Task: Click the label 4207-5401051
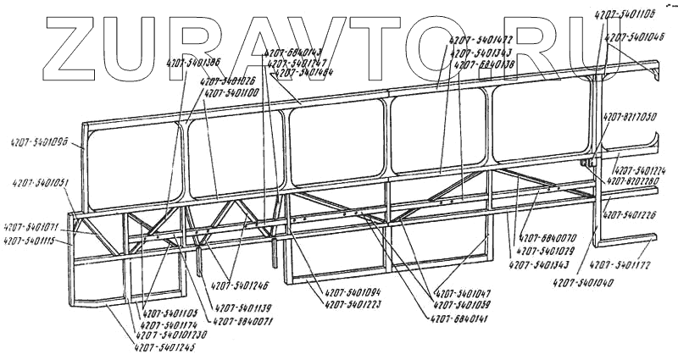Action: click(42, 182)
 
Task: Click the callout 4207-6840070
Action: click(548, 238)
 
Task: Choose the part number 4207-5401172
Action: click(621, 265)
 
